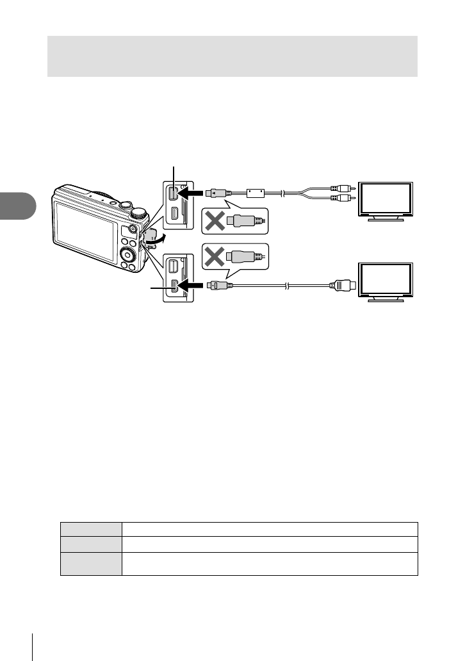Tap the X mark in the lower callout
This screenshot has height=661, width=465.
point(215,257)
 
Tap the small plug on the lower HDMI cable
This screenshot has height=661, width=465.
point(215,284)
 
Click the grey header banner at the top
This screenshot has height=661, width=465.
point(232,56)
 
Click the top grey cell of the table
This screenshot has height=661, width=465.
point(91,528)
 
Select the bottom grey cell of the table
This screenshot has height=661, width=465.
point(91,564)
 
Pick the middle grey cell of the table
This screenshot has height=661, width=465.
point(91,544)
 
